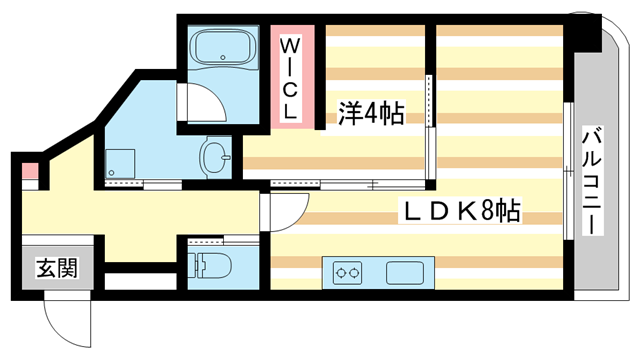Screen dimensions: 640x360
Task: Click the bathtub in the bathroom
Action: tap(224, 47)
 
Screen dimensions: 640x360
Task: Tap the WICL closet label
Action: tap(290, 78)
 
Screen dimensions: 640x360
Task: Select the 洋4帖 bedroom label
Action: tap(371, 113)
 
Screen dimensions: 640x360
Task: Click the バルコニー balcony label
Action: tap(592, 180)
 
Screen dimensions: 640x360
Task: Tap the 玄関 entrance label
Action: tap(57, 268)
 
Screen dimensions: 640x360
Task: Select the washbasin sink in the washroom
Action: tap(215, 157)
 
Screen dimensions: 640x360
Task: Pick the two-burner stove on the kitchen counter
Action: tap(348, 273)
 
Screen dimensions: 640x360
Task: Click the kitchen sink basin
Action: tap(405, 273)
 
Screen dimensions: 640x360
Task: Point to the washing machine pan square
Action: tap(120, 163)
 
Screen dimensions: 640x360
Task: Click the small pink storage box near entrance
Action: tap(30, 171)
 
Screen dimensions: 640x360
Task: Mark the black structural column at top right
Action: tap(586, 33)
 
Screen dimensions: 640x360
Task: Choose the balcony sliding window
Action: tap(568, 171)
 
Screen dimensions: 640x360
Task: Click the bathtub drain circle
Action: tap(223, 58)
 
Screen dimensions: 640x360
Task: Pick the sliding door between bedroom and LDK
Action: tap(348, 184)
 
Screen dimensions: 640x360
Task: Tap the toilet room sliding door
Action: tap(224, 240)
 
